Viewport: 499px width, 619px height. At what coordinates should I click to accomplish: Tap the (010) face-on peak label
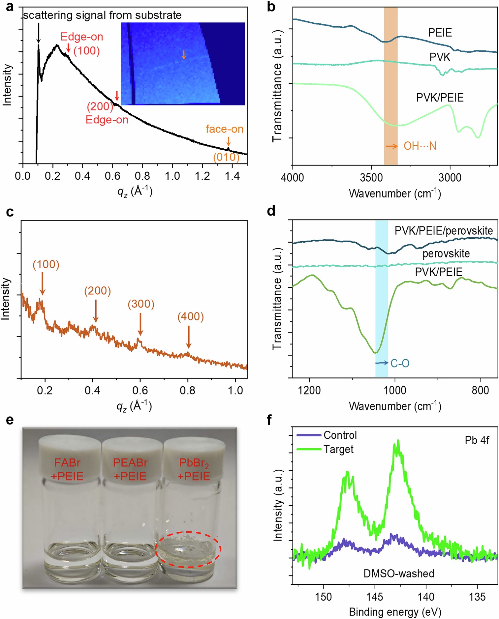click(x=226, y=157)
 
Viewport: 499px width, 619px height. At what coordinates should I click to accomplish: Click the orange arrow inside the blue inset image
click(x=184, y=55)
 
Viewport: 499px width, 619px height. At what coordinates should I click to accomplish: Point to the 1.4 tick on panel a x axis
click(x=232, y=176)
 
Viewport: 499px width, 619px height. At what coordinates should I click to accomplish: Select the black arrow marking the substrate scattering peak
click(x=38, y=33)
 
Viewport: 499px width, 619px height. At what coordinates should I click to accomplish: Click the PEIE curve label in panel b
click(x=440, y=33)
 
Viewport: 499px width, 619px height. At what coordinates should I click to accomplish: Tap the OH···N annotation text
click(x=420, y=146)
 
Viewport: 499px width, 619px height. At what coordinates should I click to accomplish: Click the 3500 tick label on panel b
click(x=371, y=177)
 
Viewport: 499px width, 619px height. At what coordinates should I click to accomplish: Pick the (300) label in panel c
click(x=141, y=304)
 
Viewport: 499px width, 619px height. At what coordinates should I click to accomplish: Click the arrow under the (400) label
click(x=189, y=337)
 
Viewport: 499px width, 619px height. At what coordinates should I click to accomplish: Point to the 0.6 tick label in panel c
click(x=140, y=390)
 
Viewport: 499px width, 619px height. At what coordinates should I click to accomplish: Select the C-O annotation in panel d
click(x=400, y=363)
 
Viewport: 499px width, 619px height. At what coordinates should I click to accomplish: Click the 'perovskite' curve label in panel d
click(x=446, y=253)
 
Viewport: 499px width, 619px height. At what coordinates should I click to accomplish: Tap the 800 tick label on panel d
click(x=480, y=390)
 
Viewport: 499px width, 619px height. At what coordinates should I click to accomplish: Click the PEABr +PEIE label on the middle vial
click(x=130, y=469)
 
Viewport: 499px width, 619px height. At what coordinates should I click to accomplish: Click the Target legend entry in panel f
click(x=338, y=449)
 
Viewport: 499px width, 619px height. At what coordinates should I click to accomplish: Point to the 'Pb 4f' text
click(x=477, y=440)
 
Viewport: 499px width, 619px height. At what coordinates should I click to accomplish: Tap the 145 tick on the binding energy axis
click(x=375, y=597)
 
